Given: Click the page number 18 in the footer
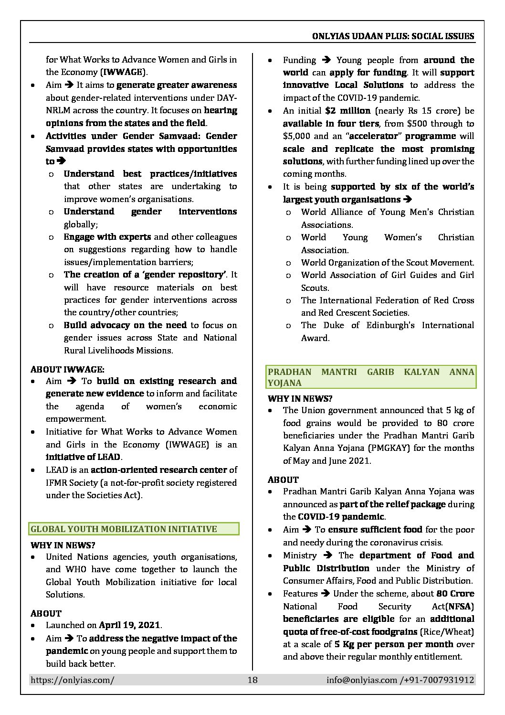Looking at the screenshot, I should (252, 680).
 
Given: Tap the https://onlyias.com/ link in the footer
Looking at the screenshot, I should (72, 680).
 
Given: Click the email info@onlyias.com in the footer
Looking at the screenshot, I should (362, 680).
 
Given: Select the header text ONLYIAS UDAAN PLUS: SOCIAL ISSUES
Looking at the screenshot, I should (393, 36).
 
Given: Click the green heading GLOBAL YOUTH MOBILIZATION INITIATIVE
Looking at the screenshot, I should (124, 529).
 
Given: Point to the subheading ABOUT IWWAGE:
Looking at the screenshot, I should (67, 369).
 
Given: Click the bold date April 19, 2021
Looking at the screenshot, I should (130, 625).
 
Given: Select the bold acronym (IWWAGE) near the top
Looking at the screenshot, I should (123, 72).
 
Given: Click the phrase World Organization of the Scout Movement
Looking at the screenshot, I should (387, 263).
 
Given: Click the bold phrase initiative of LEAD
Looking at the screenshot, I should (83, 457).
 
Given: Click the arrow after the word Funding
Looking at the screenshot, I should (326, 60).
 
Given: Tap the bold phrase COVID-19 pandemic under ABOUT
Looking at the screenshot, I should (341, 517).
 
